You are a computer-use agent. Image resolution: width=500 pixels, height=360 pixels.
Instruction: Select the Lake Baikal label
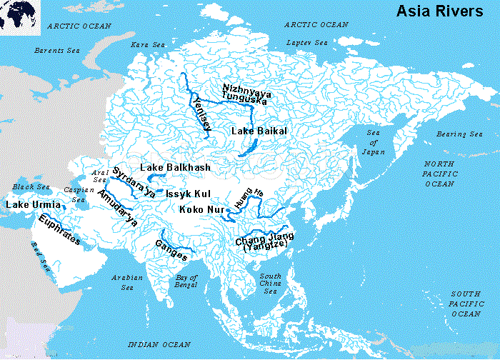click(259, 131)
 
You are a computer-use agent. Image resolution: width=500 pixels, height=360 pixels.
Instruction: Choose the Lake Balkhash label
click(175, 167)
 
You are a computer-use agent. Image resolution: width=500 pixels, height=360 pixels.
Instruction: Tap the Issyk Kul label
click(188, 194)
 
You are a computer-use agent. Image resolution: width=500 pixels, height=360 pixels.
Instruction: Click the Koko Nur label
click(200, 209)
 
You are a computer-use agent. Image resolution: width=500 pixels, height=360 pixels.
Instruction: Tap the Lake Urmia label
click(28, 205)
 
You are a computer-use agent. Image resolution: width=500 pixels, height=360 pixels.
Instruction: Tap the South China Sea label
click(270, 284)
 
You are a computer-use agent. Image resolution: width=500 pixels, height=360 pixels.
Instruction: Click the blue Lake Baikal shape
click(247, 148)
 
